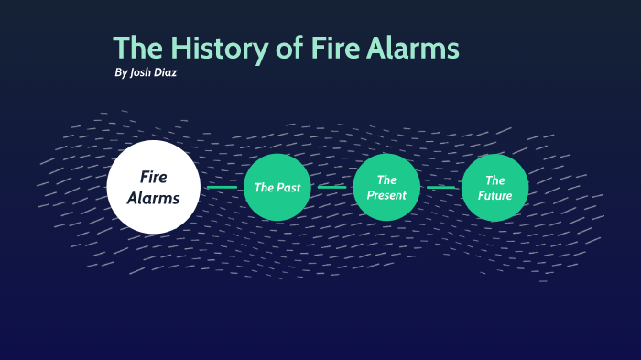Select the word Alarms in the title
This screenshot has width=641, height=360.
coord(413,48)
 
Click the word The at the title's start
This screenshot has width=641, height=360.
coord(137,48)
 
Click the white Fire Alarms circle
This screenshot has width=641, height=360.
coord(153,186)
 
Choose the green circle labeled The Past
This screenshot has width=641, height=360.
coord(277,188)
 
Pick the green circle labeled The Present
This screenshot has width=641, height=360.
coord(386,187)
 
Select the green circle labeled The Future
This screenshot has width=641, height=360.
coord(495,187)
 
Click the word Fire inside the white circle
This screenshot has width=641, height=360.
coord(153,176)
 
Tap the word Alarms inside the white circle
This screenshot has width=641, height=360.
coord(153,197)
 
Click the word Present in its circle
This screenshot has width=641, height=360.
coord(386,195)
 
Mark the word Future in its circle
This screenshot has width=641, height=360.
coord(495,195)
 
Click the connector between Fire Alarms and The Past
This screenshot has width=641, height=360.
coord(222,187)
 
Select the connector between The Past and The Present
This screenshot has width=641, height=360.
coord(331,187)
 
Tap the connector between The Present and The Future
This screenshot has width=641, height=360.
coord(440,187)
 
